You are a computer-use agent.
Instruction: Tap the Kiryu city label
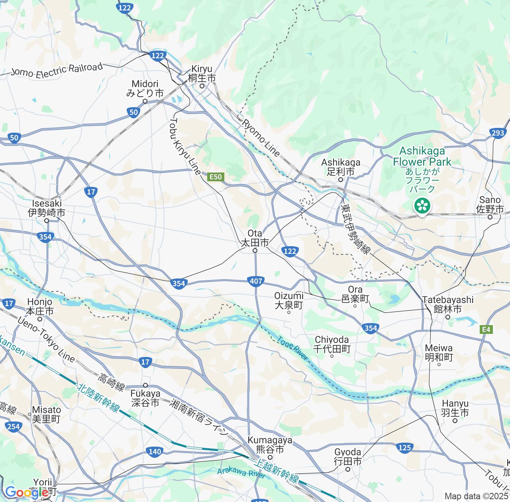(202, 73)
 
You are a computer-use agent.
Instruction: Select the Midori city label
(145, 89)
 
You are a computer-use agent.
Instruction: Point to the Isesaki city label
(46, 208)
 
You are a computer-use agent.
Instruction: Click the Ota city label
(255, 238)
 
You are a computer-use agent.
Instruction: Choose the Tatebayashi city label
(448, 304)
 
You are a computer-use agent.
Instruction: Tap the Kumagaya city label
(270, 445)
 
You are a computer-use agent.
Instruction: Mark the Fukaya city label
(145, 398)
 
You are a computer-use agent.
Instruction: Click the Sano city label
(490, 204)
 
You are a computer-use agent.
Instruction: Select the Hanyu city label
(455, 408)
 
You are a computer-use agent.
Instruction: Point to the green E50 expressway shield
(216, 176)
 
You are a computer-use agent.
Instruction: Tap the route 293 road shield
(498, 133)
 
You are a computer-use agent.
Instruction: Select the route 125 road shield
(404, 447)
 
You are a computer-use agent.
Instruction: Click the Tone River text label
(293, 349)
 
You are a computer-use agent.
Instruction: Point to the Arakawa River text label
(241, 473)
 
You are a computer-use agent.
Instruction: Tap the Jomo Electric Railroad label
(57, 70)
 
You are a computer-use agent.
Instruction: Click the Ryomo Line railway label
(261, 137)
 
